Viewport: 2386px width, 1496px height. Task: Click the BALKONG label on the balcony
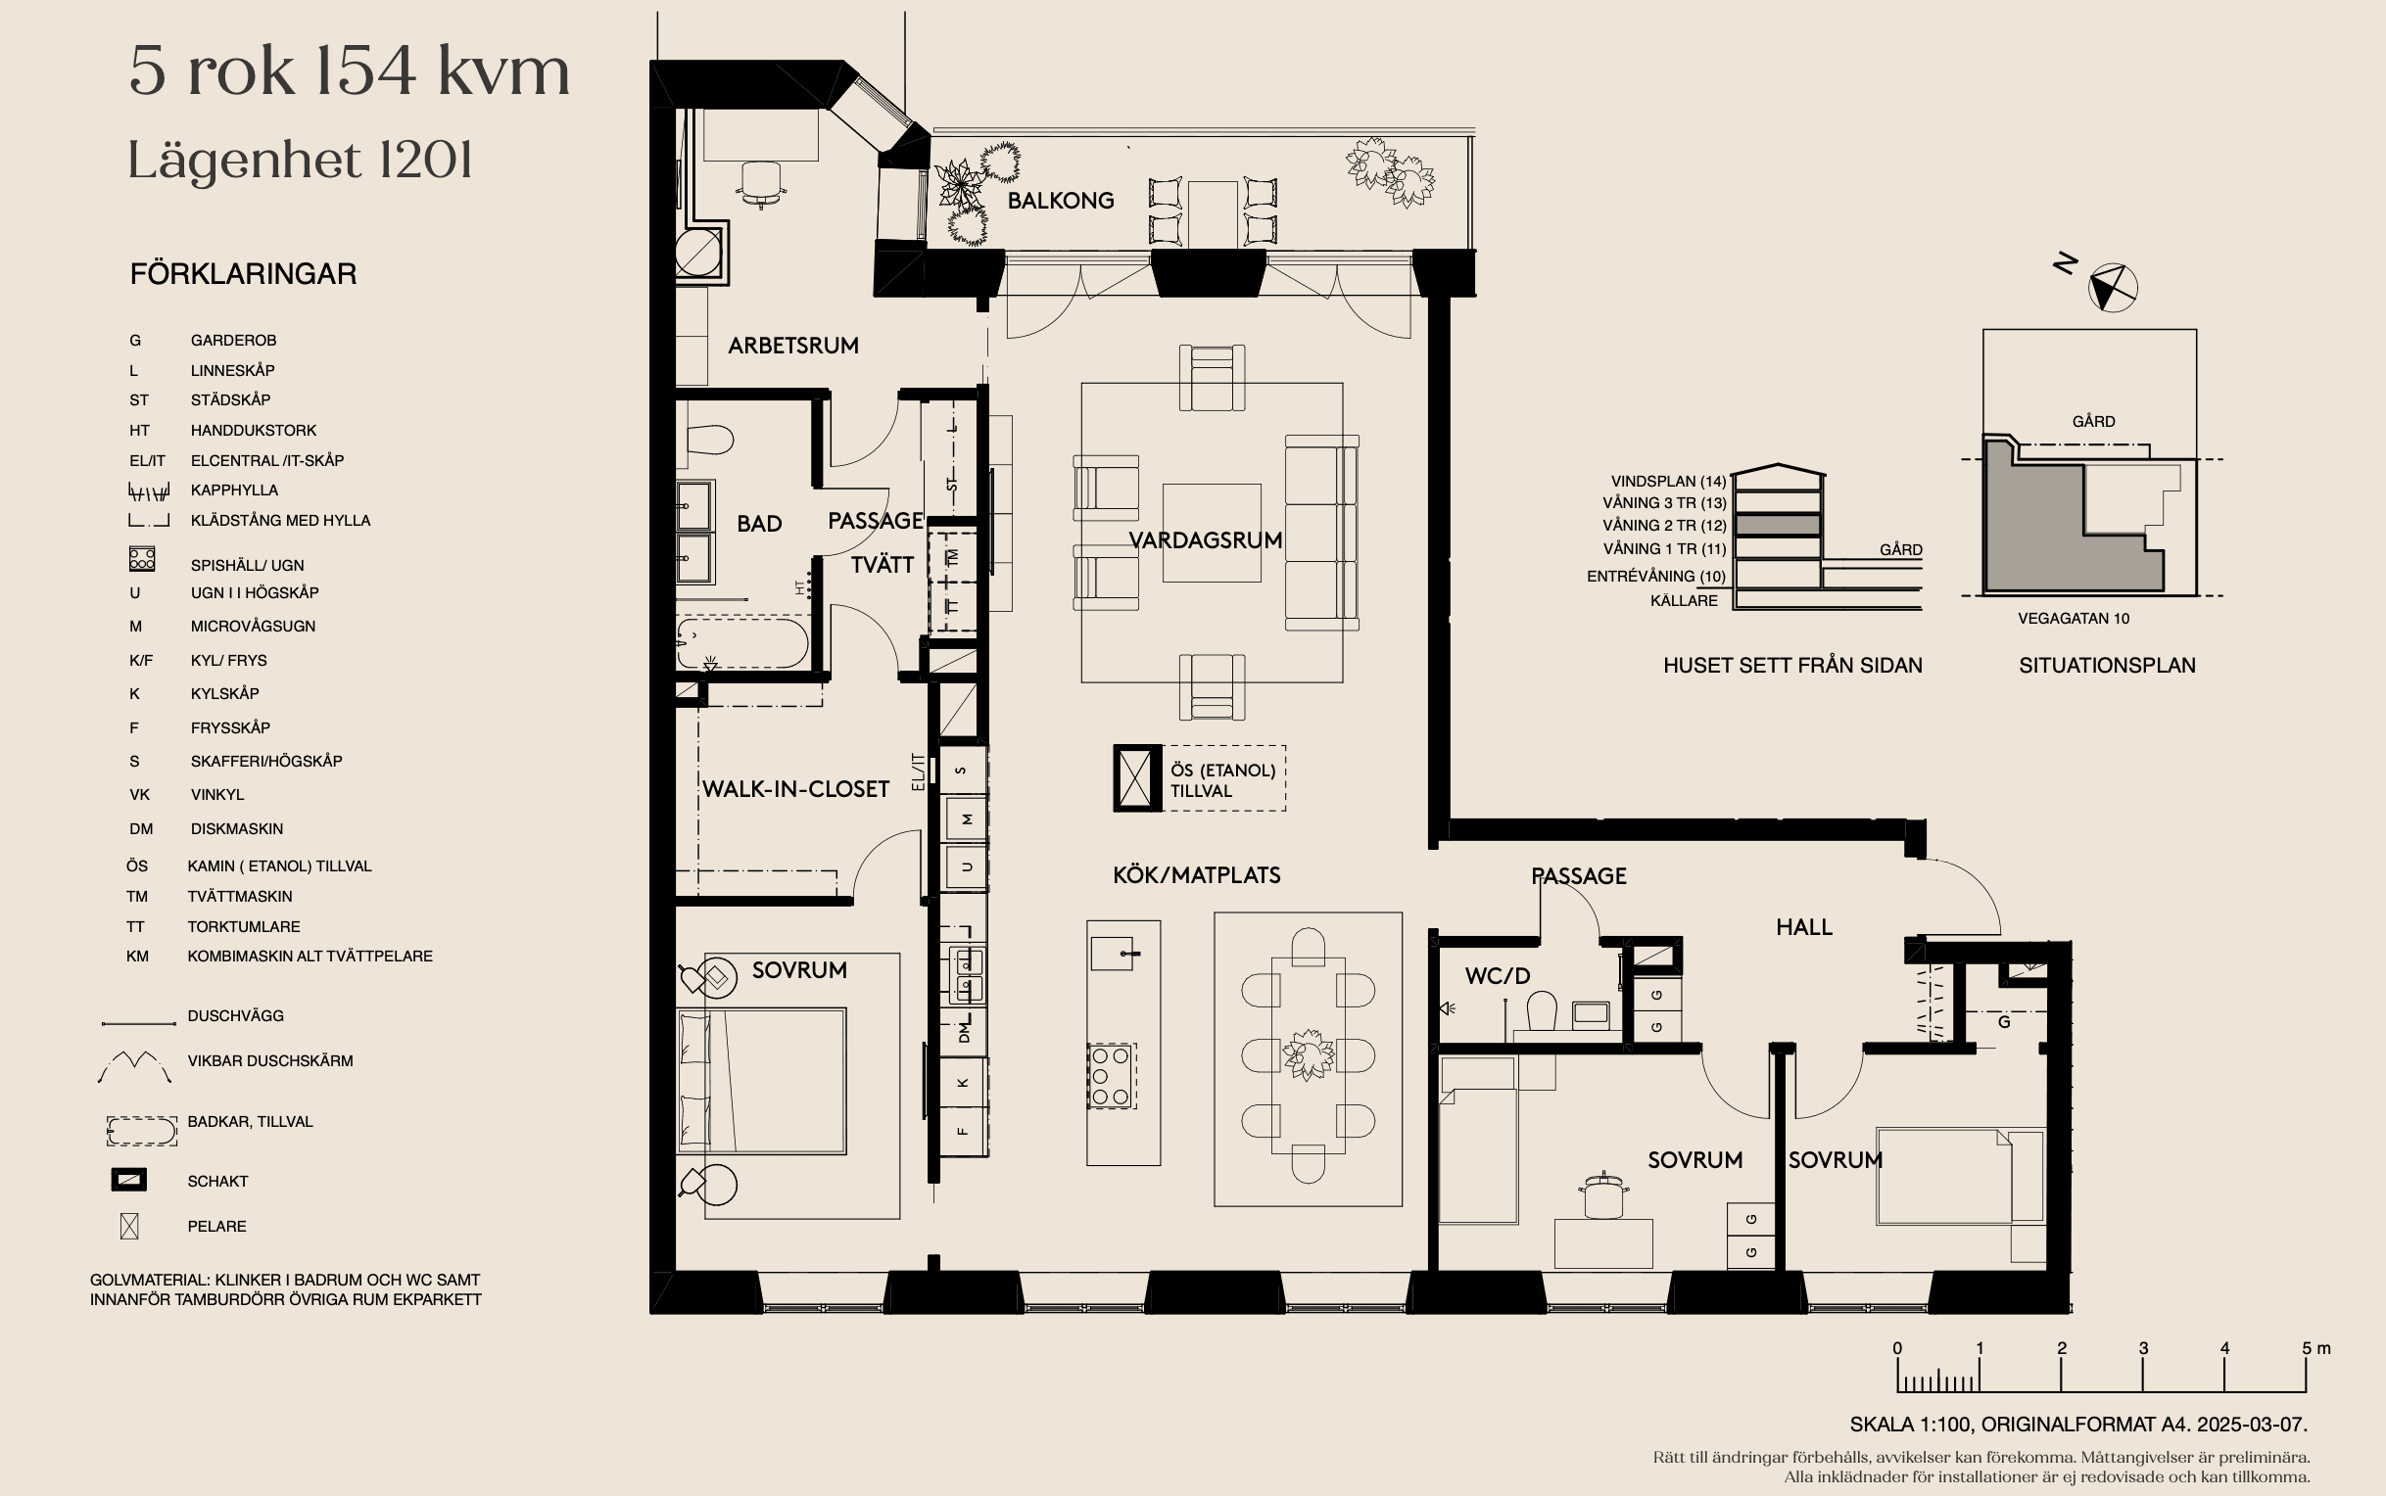pos(1060,201)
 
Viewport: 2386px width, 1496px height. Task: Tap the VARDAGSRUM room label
pos(1206,540)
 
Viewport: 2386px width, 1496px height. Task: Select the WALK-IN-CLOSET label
pos(795,789)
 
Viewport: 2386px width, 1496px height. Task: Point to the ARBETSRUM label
pos(792,346)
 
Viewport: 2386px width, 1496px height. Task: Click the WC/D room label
pos(1498,975)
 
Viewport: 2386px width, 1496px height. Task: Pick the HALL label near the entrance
pos(1804,927)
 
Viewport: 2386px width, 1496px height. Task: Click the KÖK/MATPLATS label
pos(1197,875)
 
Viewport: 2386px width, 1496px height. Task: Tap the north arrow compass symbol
pos(2112,288)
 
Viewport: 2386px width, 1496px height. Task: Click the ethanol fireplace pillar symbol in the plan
pos(1137,777)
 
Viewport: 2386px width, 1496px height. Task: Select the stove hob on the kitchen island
pos(1111,1076)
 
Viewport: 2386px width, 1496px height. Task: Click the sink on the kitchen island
pos(1116,954)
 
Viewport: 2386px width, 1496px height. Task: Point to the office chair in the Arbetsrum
pos(761,184)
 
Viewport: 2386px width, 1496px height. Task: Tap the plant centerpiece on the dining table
pos(1309,1054)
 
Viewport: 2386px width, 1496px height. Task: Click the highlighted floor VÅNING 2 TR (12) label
pos(1664,526)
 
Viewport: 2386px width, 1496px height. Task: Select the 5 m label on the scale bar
pos(2315,1347)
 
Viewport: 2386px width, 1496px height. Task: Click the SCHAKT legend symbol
pos(128,1180)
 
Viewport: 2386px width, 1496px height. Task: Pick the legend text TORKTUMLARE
pos(244,927)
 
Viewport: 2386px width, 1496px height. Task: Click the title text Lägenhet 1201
pos(300,161)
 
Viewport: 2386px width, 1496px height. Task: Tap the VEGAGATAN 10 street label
pos(2074,619)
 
